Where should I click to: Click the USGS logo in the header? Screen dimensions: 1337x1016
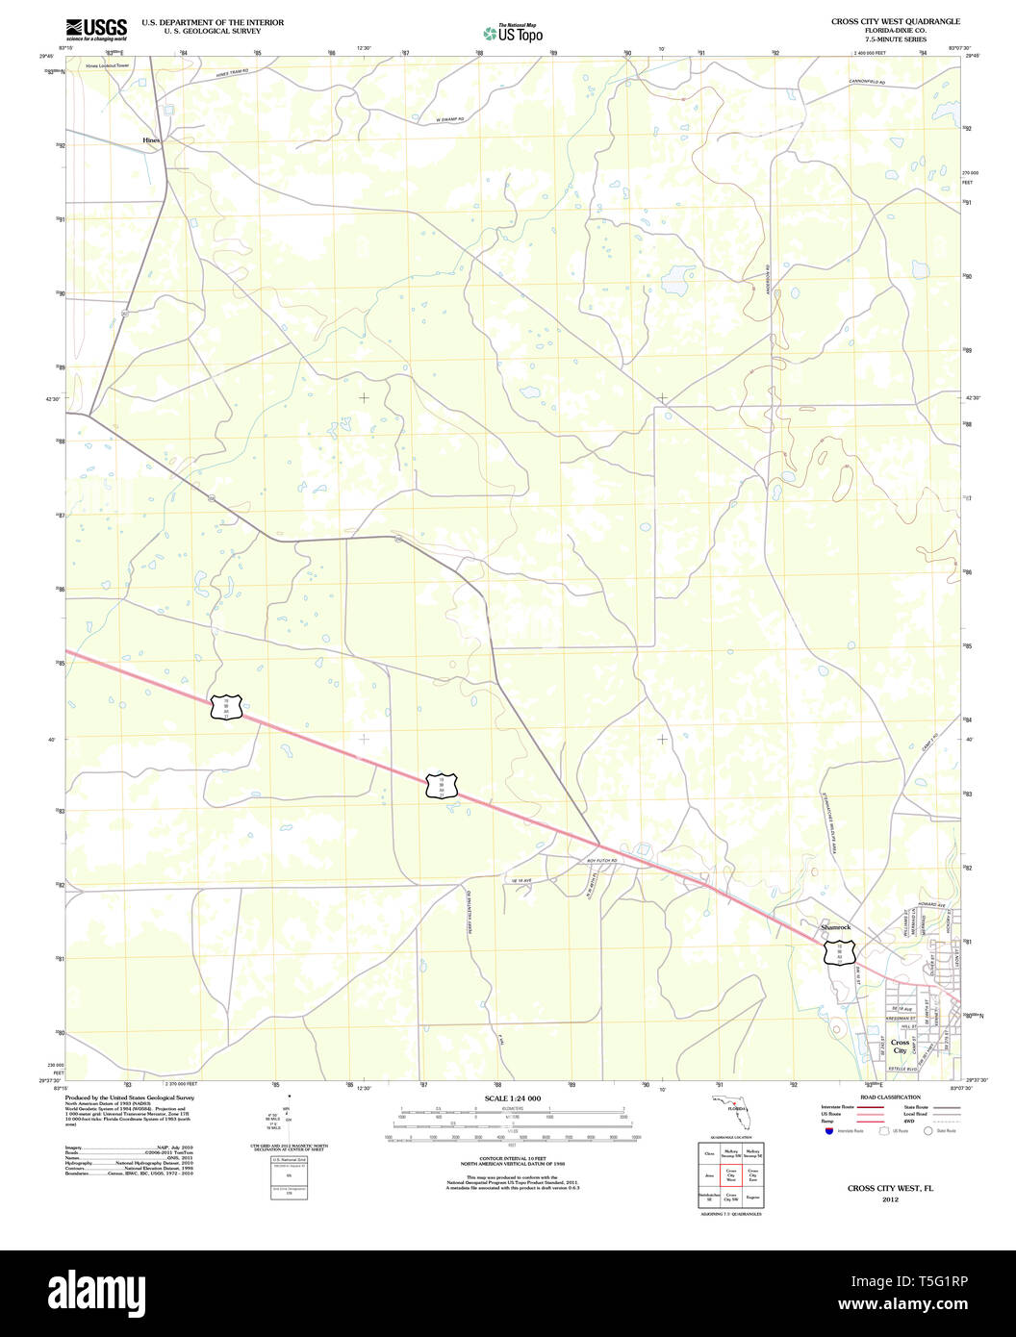[96, 28]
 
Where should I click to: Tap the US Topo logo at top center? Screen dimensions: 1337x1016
[513, 33]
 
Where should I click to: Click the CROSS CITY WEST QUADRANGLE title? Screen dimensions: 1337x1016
[895, 21]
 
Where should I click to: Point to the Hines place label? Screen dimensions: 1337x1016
[151, 140]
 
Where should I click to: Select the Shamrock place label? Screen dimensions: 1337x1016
[835, 927]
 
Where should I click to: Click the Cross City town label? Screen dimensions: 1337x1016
[901, 1046]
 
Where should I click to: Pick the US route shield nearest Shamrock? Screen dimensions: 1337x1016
[840, 953]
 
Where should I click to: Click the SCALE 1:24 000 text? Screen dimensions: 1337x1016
[513, 1097]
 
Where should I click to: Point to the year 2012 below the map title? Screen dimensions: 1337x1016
[891, 1199]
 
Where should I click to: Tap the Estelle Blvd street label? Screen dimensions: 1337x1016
[902, 1069]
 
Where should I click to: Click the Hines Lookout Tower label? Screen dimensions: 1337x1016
[106, 65]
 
